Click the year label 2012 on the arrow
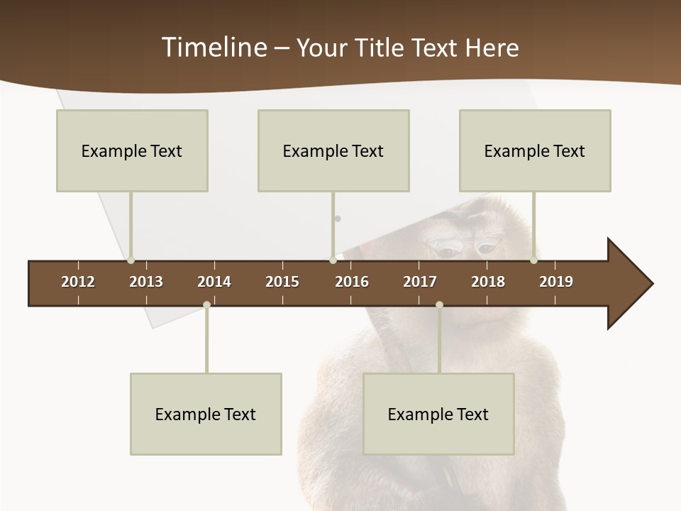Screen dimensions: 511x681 78,282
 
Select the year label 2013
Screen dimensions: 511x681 146,282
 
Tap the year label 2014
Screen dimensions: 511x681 214,282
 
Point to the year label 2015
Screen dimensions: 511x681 282,282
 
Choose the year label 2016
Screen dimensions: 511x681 352,282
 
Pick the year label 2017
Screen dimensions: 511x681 420,282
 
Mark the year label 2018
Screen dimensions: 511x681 488,282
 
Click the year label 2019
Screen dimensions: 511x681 556,282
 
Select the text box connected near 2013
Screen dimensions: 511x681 132,150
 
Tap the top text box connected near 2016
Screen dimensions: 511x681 333,150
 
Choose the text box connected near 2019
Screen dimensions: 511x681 535,150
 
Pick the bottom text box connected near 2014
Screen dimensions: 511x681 206,414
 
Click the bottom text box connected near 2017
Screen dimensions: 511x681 438,414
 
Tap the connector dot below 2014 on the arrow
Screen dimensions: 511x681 206,304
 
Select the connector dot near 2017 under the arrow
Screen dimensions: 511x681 439,304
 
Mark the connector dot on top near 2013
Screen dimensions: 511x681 131,260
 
